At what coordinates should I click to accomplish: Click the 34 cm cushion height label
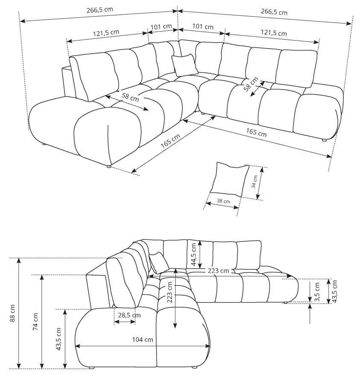click(255, 181)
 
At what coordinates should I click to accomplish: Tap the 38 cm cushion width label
click(224, 201)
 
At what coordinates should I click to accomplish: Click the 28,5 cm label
click(129, 315)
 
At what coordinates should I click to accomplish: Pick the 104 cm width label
click(142, 340)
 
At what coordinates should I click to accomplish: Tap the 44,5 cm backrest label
click(194, 254)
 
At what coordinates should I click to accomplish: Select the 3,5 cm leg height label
click(317, 292)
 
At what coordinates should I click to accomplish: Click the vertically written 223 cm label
click(169, 292)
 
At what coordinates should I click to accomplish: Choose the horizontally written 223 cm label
click(218, 271)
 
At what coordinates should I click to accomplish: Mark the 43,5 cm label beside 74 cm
click(59, 339)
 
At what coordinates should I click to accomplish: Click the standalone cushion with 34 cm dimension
click(230, 179)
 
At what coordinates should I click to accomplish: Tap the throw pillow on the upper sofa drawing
click(185, 65)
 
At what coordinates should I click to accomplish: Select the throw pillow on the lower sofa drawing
click(159, 263)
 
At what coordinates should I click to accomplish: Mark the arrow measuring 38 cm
click(222, 206)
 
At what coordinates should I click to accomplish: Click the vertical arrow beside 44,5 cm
click(200, 254)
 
